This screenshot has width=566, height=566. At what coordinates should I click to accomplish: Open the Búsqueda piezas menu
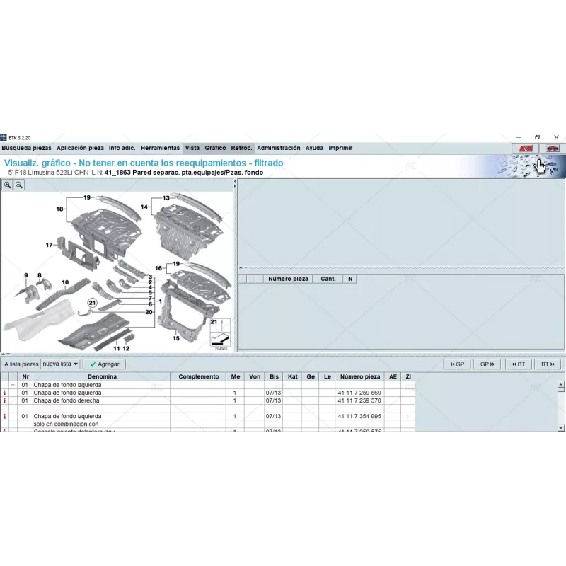point(26,148)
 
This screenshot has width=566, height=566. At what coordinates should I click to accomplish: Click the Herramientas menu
point(160,148)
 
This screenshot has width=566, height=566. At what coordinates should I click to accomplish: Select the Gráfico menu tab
point(215,148)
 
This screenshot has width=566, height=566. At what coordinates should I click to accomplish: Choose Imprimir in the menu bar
point(340,148)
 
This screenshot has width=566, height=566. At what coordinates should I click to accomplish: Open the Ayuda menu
point(314,148)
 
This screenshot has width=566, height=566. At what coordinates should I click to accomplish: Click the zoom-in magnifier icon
point(8,185)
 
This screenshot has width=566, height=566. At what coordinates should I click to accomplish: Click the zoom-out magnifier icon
point(19,185)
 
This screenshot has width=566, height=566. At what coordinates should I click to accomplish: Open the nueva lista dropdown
point(60,364)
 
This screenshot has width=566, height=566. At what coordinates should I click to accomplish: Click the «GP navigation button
point(457,364)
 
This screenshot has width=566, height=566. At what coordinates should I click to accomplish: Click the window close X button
point(557,137)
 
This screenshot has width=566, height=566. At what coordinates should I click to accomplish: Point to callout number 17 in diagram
point(50,245)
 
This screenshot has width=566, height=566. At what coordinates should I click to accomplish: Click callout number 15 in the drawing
point(175,338)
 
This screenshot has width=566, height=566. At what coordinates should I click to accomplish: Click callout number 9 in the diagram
point(25,275)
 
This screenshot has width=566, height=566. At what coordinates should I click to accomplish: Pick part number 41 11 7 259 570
point(359,400)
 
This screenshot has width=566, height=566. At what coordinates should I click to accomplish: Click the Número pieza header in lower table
point(359,377)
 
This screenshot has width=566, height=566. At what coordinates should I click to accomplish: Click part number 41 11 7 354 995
point(359,417)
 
